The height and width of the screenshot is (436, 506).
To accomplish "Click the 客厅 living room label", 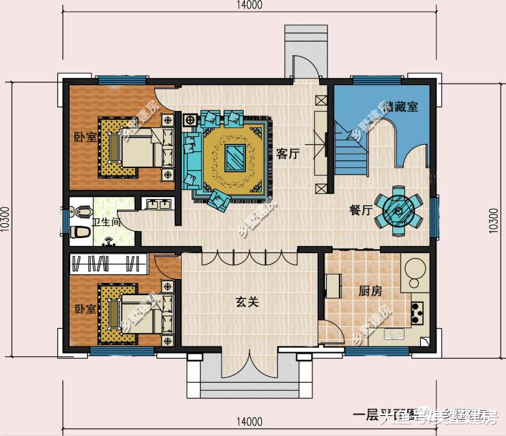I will pos(288,154).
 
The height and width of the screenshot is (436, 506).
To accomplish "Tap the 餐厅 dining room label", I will pos(361,210).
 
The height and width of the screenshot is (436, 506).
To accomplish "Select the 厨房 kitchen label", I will pos(370,291).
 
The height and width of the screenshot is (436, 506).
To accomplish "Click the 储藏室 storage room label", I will pos(401,107).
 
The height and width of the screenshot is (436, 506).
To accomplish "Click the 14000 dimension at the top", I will pos(247,6).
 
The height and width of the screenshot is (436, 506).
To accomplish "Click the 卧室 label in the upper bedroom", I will pos(85,138).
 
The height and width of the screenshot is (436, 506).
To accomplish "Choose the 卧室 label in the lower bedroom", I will pos(85,309).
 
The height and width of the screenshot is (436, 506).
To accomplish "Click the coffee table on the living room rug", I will pos(234,157).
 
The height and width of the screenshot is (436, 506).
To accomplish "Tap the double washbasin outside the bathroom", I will pos(158,205).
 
